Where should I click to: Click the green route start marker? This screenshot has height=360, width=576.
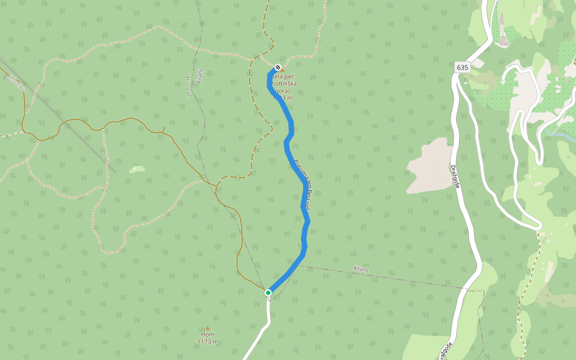coord(268,293)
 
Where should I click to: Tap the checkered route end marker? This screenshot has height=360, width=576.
coord(278,68)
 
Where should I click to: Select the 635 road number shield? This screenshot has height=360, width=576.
coord(462,67)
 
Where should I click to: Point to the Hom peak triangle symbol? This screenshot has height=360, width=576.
coord(208,328)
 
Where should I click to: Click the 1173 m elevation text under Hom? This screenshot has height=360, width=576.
coord(208,341)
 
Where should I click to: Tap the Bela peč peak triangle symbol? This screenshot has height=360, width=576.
coord(283,69)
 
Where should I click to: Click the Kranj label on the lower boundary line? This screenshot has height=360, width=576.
coord(360,269)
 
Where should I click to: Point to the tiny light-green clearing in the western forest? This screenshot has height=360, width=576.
coord(137,169)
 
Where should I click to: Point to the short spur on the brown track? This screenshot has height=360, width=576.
coord(163,130)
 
